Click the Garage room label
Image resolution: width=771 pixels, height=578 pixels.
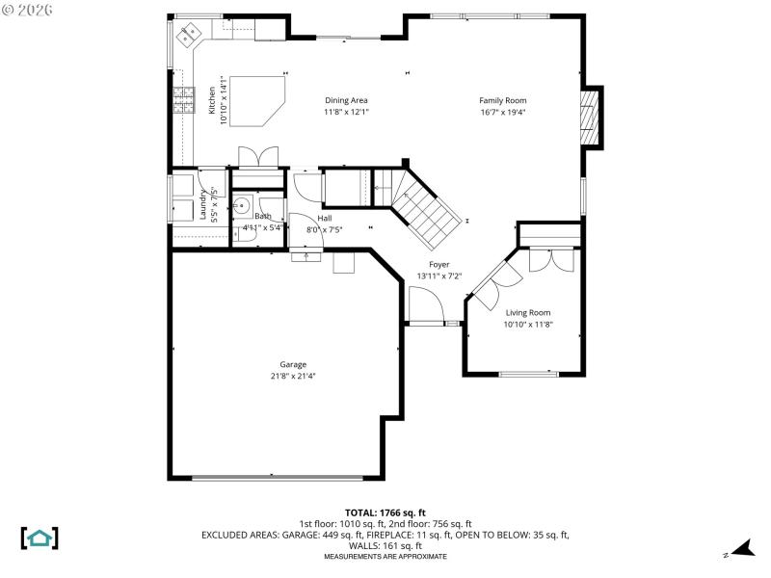pos(293,364)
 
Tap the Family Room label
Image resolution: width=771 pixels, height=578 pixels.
pos(503,100)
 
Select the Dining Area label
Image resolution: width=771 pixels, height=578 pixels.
pos(346,100)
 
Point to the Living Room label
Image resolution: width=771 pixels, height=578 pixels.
pos(527,312)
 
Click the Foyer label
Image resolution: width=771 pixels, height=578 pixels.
pos(439,264)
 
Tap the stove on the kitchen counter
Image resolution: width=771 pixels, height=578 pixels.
pos(182,100)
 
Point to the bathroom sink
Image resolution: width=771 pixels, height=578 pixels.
pos(241,205)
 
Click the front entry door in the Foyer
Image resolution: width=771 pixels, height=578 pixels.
pos(425,308)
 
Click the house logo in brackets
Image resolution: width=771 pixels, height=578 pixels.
pos(40,538)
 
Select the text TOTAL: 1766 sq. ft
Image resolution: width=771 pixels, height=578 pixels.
pos(385,512)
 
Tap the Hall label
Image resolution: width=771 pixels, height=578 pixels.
pos(325,219)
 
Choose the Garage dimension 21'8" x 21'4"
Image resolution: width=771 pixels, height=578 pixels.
pos(293,376)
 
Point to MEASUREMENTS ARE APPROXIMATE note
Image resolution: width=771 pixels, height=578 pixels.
pos(385,557)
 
